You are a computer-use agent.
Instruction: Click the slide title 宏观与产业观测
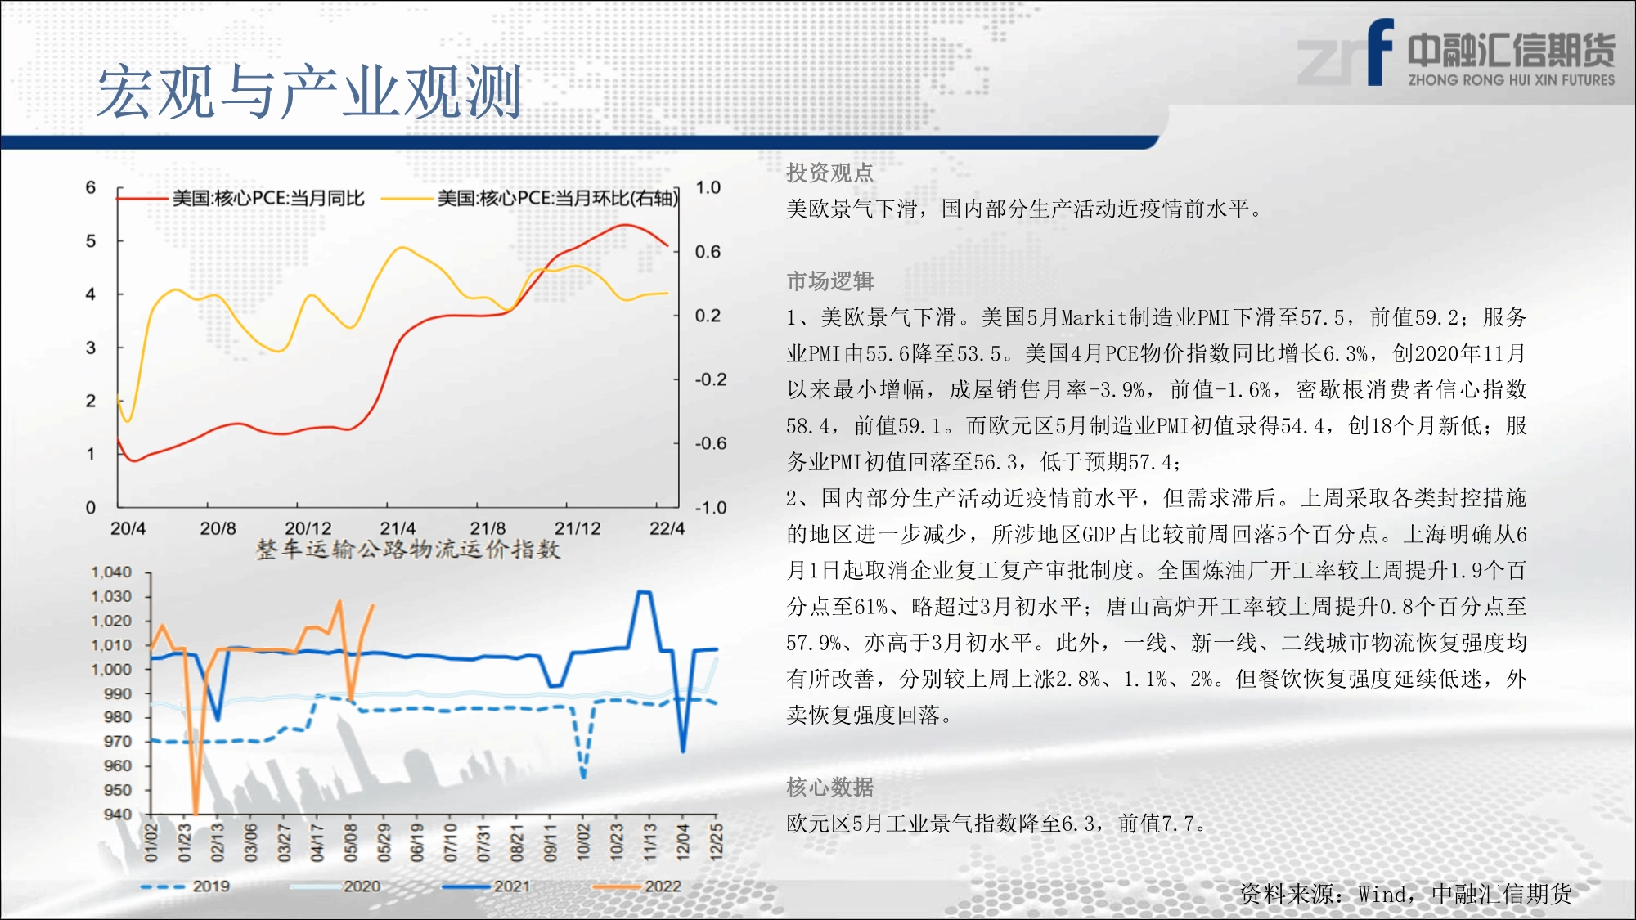[309, 92]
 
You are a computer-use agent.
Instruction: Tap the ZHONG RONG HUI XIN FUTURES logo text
[1512, 80]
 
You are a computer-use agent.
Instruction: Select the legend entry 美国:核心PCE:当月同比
[240, 198]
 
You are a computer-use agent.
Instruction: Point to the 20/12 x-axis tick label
[308, 528]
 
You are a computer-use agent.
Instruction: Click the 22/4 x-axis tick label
[667, 528]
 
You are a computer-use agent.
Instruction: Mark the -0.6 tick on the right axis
[710, 443]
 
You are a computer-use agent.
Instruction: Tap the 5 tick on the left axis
[91, 241]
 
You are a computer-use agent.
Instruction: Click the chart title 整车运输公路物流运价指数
[408, 549]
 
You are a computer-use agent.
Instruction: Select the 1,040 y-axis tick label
[111, 572]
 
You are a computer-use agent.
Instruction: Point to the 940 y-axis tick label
[118, 814]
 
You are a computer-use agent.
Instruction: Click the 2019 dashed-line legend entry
[185, 886]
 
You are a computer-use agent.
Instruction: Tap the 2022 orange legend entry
[637, 886]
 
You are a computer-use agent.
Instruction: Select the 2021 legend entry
[486, 886]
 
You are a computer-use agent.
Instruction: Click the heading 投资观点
[830, 173]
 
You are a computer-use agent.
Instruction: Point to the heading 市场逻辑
[830, 281]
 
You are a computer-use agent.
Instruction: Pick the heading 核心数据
[830, 787]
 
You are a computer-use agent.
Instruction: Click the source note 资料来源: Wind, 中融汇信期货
[1405, 894]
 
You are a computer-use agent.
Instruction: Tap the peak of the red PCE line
[625, 224]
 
